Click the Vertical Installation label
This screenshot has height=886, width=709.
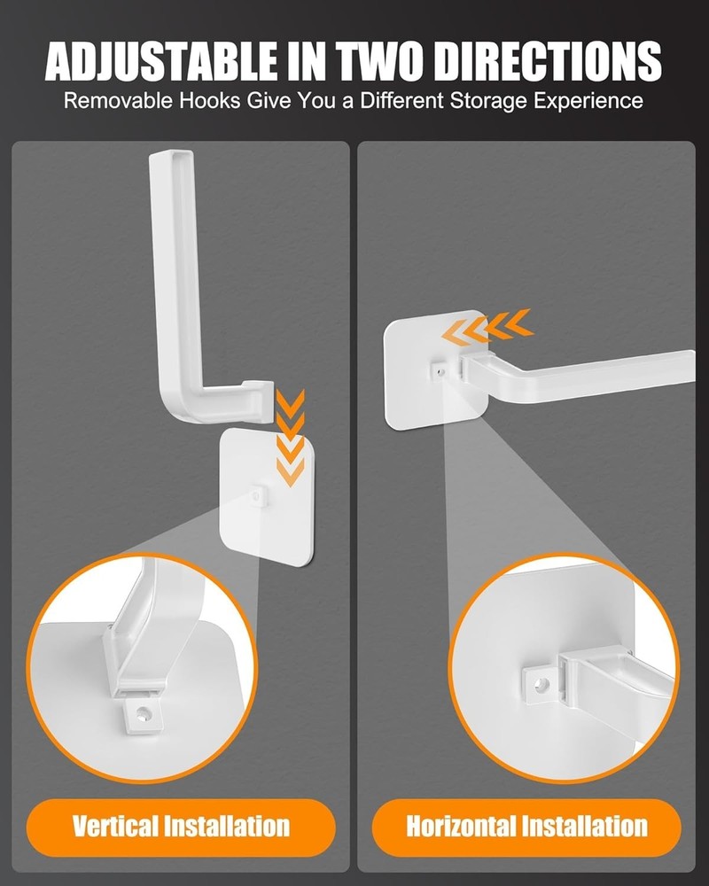182,828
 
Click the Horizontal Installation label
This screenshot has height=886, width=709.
526,828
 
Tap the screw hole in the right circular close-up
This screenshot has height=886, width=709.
539,685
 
